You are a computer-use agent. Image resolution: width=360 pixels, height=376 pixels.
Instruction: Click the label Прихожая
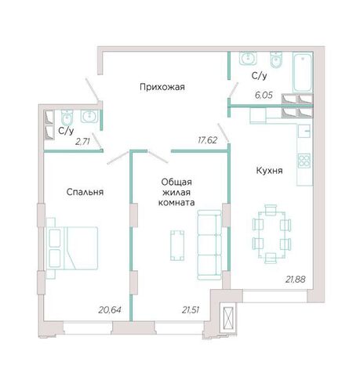coord(162,87)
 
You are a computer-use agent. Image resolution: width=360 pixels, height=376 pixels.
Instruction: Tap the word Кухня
coord(269,171)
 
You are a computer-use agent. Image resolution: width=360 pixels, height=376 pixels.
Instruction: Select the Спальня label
coord(85,192)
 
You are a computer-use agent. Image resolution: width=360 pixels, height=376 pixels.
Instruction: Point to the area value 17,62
coord(208,140)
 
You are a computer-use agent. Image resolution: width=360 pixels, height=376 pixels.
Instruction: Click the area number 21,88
coord(296,280)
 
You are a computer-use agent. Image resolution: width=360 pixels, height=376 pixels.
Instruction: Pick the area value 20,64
coord(110,310)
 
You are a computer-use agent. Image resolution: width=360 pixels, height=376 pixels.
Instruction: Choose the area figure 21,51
coord(191,310)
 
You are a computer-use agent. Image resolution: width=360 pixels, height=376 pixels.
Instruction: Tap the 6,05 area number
coord(264,96)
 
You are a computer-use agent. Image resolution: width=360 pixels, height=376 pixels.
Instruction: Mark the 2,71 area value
coord(82,142)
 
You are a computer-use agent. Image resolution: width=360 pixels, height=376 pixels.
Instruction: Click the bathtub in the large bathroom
coord(303,72)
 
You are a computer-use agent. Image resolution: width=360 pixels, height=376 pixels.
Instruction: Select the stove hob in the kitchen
coord(304,161)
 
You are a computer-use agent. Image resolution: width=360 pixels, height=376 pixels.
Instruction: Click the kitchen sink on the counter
coord(304,131)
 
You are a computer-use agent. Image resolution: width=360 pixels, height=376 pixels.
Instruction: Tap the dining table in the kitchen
coord(271,234)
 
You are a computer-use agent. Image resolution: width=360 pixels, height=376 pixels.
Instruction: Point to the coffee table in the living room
coord(177,245)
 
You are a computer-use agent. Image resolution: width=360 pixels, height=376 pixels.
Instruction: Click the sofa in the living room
coord(209,245)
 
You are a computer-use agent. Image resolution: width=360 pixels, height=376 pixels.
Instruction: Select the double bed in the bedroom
coord(72,248)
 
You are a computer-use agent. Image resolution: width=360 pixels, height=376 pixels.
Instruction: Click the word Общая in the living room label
coord(176,182)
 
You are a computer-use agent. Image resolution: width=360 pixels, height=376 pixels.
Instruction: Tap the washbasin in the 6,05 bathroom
coord(248,58)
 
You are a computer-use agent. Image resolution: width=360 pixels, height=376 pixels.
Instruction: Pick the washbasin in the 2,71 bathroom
coord(89,116)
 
